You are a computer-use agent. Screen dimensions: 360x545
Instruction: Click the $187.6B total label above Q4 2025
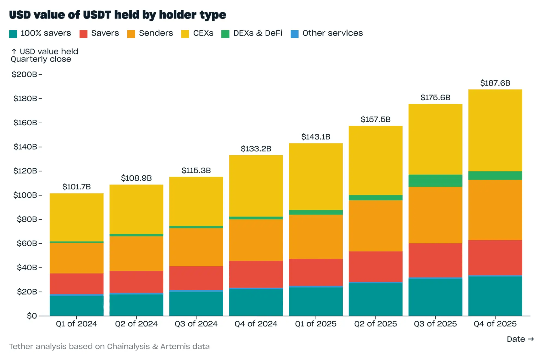point(495,83)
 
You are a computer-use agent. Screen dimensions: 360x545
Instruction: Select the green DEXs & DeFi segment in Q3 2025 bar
point(435,180)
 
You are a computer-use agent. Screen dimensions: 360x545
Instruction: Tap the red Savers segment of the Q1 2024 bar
point(76,283)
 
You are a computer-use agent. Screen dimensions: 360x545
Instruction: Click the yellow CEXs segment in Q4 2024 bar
point(256,186)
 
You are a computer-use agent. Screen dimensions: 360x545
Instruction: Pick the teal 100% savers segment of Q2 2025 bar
point(375,299)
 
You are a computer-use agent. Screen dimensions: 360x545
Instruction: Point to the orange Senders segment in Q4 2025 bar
point(495,210)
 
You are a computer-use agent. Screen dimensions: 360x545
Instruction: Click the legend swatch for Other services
point(294,34)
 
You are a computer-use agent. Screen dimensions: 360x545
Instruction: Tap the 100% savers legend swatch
point(13,34)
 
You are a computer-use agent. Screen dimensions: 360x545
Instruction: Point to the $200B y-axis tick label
point(24,74)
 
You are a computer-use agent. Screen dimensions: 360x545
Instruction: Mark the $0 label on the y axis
point(32,316)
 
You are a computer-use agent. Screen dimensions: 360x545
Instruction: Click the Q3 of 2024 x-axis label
point(196,324)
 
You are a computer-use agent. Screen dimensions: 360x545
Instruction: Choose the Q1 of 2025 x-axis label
point(315,324)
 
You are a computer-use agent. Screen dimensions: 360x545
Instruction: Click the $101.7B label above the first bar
point(76,187)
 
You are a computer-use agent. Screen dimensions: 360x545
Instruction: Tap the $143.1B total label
point(315,137)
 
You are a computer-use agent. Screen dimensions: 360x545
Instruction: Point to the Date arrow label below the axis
point(520,339)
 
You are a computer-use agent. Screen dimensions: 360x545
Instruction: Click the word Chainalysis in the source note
point(128,346)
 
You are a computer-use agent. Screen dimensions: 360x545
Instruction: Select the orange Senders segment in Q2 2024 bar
point(136,253)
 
